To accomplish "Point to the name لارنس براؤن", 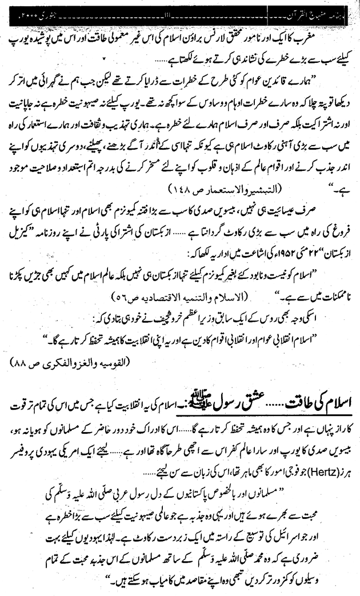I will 218,26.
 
